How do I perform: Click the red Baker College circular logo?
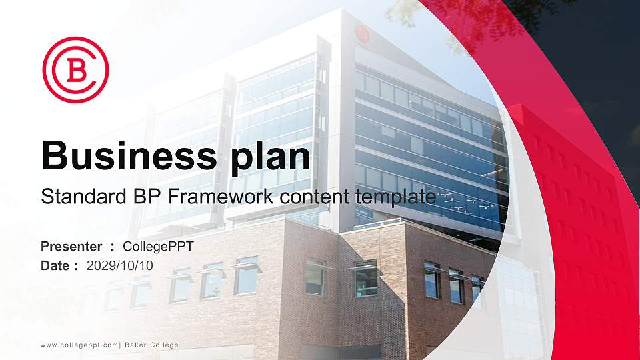point(75,69)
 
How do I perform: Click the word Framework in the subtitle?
point(199,197)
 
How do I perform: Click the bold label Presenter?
point(71,247)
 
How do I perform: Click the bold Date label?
point(55,265)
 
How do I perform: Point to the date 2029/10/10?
point(120,265)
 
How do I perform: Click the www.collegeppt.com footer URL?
point(79,345)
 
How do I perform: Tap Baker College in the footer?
point(151,345)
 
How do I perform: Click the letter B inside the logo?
point(76,70)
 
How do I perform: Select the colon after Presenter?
point(113,247)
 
